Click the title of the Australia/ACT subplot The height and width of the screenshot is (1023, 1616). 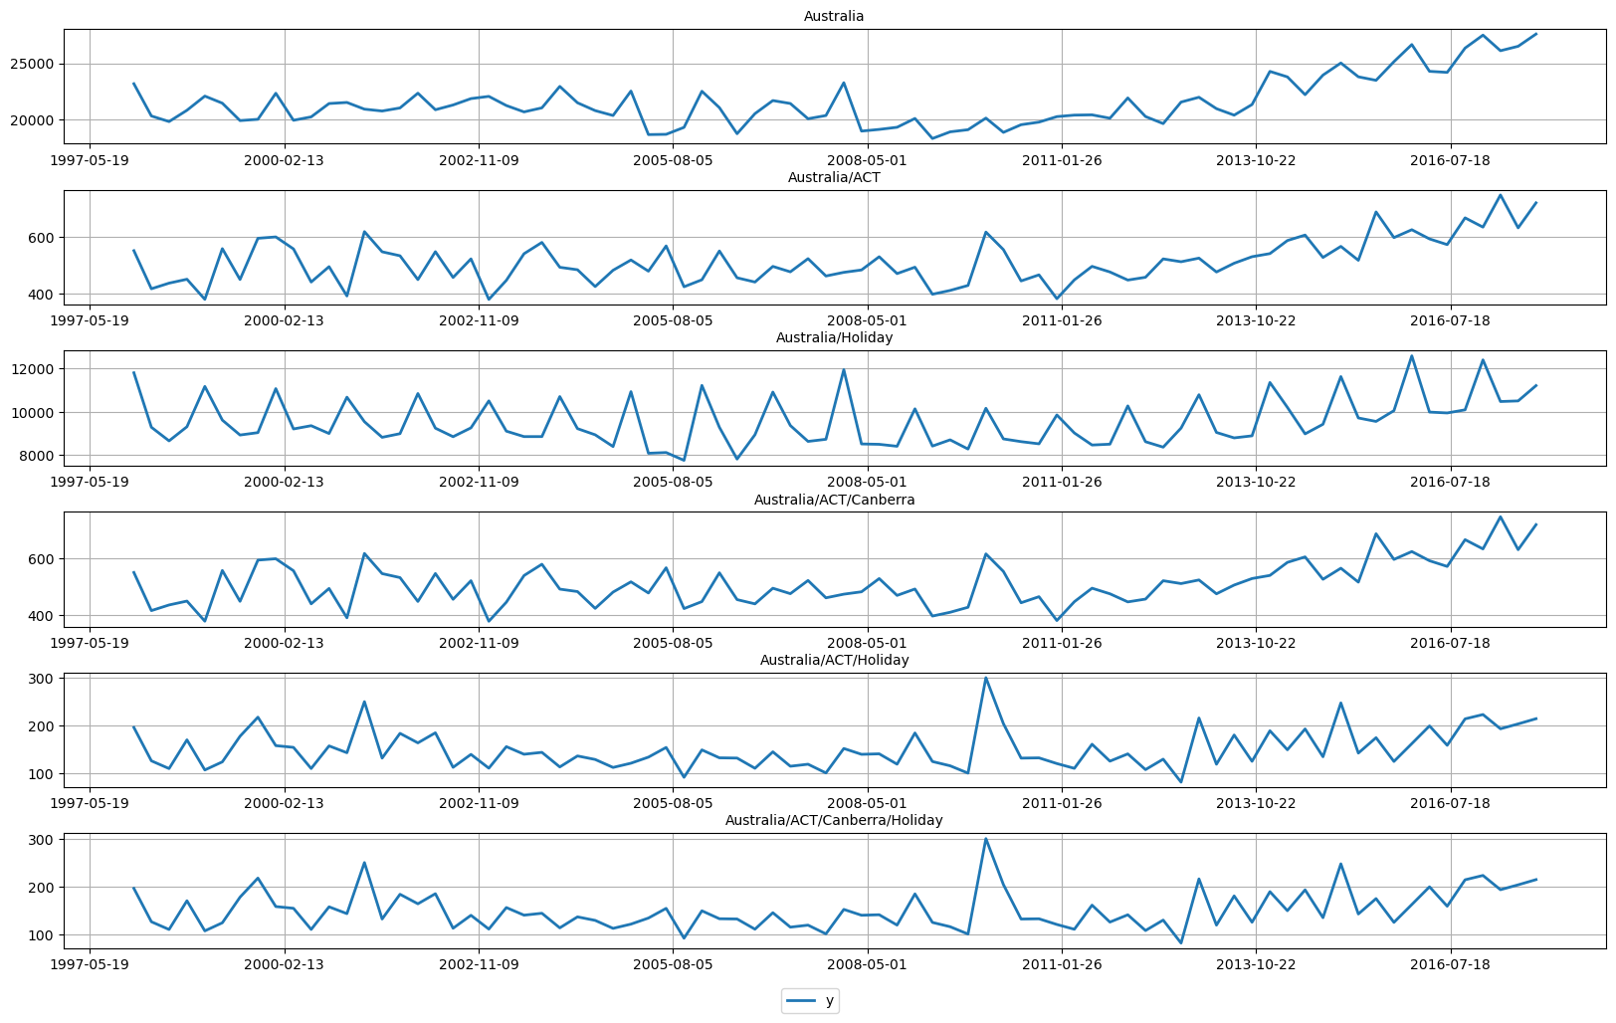coord(834,177)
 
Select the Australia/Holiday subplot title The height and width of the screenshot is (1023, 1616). coord(834,337)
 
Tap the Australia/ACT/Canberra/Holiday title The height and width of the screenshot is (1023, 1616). coord(834,820)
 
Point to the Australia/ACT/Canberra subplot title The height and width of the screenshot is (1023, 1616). coord(834,500)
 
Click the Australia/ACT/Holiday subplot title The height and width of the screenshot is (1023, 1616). coord(834,660)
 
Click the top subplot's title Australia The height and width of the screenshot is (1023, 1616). coord(834,16)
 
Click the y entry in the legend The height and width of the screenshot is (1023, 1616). coord(829,1000)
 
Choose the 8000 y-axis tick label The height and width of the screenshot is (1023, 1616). coord(38,456)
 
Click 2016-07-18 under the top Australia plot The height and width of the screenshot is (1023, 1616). coord(1449,159)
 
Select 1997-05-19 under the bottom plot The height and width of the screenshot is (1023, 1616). coord(90,964)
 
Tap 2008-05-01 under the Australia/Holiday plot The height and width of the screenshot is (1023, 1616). coord(867,482)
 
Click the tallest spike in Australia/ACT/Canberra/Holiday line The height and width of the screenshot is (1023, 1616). coord(985,839)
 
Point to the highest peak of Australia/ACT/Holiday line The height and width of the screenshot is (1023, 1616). coord(985,679)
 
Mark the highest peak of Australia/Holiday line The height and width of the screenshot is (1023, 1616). coord(1411,356)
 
